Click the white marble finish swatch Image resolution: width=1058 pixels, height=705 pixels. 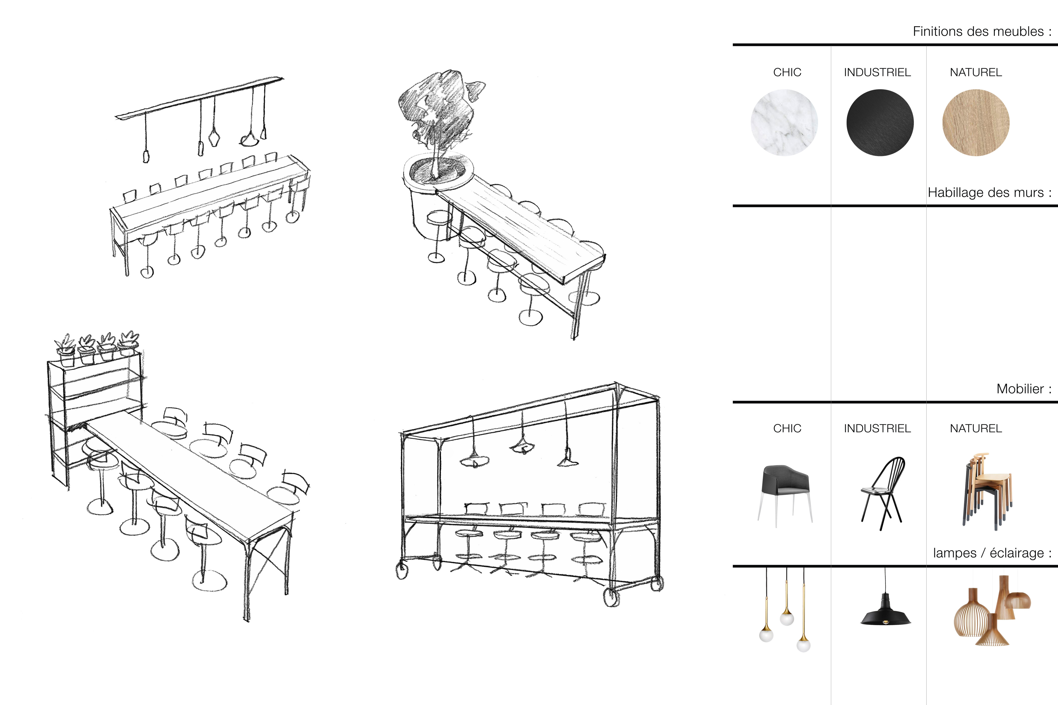tap(784, 123)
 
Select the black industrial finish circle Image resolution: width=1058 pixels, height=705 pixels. tap(880, 123)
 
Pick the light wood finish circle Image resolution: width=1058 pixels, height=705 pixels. tap(976, 123)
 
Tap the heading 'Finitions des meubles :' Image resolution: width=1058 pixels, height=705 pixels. tap(982, 32)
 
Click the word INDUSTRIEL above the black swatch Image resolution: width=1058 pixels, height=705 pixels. tap(877, 72)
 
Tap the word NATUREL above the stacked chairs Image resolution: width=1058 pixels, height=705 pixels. tap(976, 428)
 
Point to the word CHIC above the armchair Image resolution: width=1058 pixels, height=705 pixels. tap(787, 428)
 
